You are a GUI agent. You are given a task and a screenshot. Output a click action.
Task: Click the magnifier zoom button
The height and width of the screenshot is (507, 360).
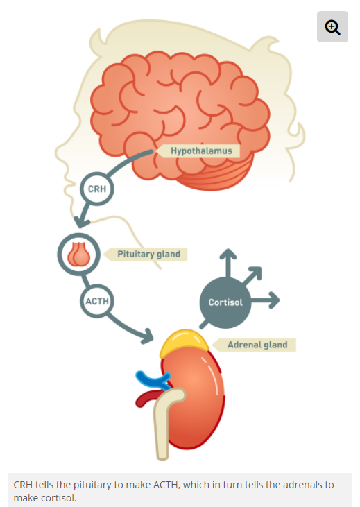point(332,27)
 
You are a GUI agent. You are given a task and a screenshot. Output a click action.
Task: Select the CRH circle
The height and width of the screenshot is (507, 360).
point(97,189)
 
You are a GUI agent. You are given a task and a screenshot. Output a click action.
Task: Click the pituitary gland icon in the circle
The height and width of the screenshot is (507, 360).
point(78,255)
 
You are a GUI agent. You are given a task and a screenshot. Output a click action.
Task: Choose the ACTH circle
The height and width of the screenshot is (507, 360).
point(97,301)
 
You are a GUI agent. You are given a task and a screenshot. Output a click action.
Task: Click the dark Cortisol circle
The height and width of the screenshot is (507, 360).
point(225,302)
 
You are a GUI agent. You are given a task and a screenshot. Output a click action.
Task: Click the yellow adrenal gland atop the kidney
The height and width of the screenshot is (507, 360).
point(184,343)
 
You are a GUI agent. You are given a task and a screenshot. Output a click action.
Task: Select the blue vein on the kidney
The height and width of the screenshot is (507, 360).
point(152,380)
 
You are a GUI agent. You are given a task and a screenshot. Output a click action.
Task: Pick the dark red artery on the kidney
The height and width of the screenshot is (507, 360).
point(147,398)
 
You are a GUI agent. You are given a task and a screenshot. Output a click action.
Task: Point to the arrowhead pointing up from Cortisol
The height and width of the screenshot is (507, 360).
point(228,254)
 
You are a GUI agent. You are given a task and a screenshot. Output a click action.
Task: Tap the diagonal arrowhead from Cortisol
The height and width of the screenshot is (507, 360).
point(255,273)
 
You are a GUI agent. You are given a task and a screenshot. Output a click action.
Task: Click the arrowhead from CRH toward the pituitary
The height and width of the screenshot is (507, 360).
point(81,222)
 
